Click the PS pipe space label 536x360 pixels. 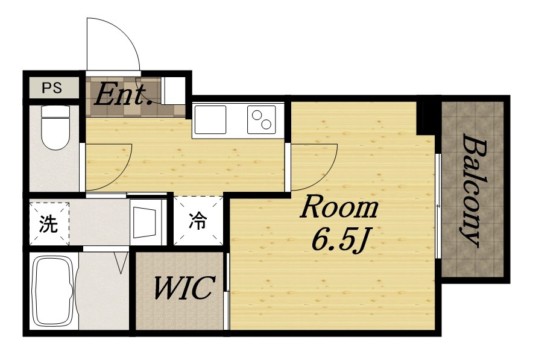pyautogui.click(x=52, y=88)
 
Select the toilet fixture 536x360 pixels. pyautogui.click(x=55, y=127)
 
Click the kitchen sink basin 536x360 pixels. pyautogui.click(x=210, y=119)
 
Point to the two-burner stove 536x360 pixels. pyautogui.click(x=262, y=119)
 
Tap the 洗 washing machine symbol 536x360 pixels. pyautogui.click(x=49, y=224)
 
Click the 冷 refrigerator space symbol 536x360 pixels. pyautogui.click(x=198, y=221)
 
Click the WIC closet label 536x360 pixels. pyautogui.click(x=184, y=288)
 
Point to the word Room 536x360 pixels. pyautogui.click(x=339, y=207)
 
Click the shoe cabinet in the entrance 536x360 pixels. pyautogui.click(x=172, y=91)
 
